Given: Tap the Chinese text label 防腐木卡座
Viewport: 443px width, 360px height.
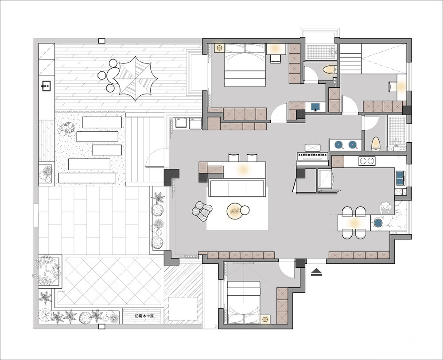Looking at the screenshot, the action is point(144,316).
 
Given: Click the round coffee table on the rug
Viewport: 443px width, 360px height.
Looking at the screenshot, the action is point(235,211).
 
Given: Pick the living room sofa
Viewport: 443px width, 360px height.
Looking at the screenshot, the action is point(237,188).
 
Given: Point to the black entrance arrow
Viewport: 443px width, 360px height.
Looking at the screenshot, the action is point(316,272).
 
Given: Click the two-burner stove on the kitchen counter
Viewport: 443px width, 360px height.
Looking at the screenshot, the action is point(367,161).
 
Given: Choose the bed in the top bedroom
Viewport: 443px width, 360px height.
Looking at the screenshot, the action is point(245,65).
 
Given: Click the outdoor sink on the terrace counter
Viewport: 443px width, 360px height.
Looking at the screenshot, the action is point(47,86).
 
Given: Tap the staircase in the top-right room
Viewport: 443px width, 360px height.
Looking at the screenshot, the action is point(350,59).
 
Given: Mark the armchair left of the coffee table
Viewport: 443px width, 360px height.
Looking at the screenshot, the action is point(202,211).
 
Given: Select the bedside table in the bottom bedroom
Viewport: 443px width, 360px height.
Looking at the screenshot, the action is point(265,319).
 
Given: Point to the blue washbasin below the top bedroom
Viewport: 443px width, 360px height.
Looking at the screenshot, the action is point(315,107).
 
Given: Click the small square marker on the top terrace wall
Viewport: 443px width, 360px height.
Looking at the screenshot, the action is point(102,41).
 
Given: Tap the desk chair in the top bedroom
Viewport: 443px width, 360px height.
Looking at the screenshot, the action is point(275,58).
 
